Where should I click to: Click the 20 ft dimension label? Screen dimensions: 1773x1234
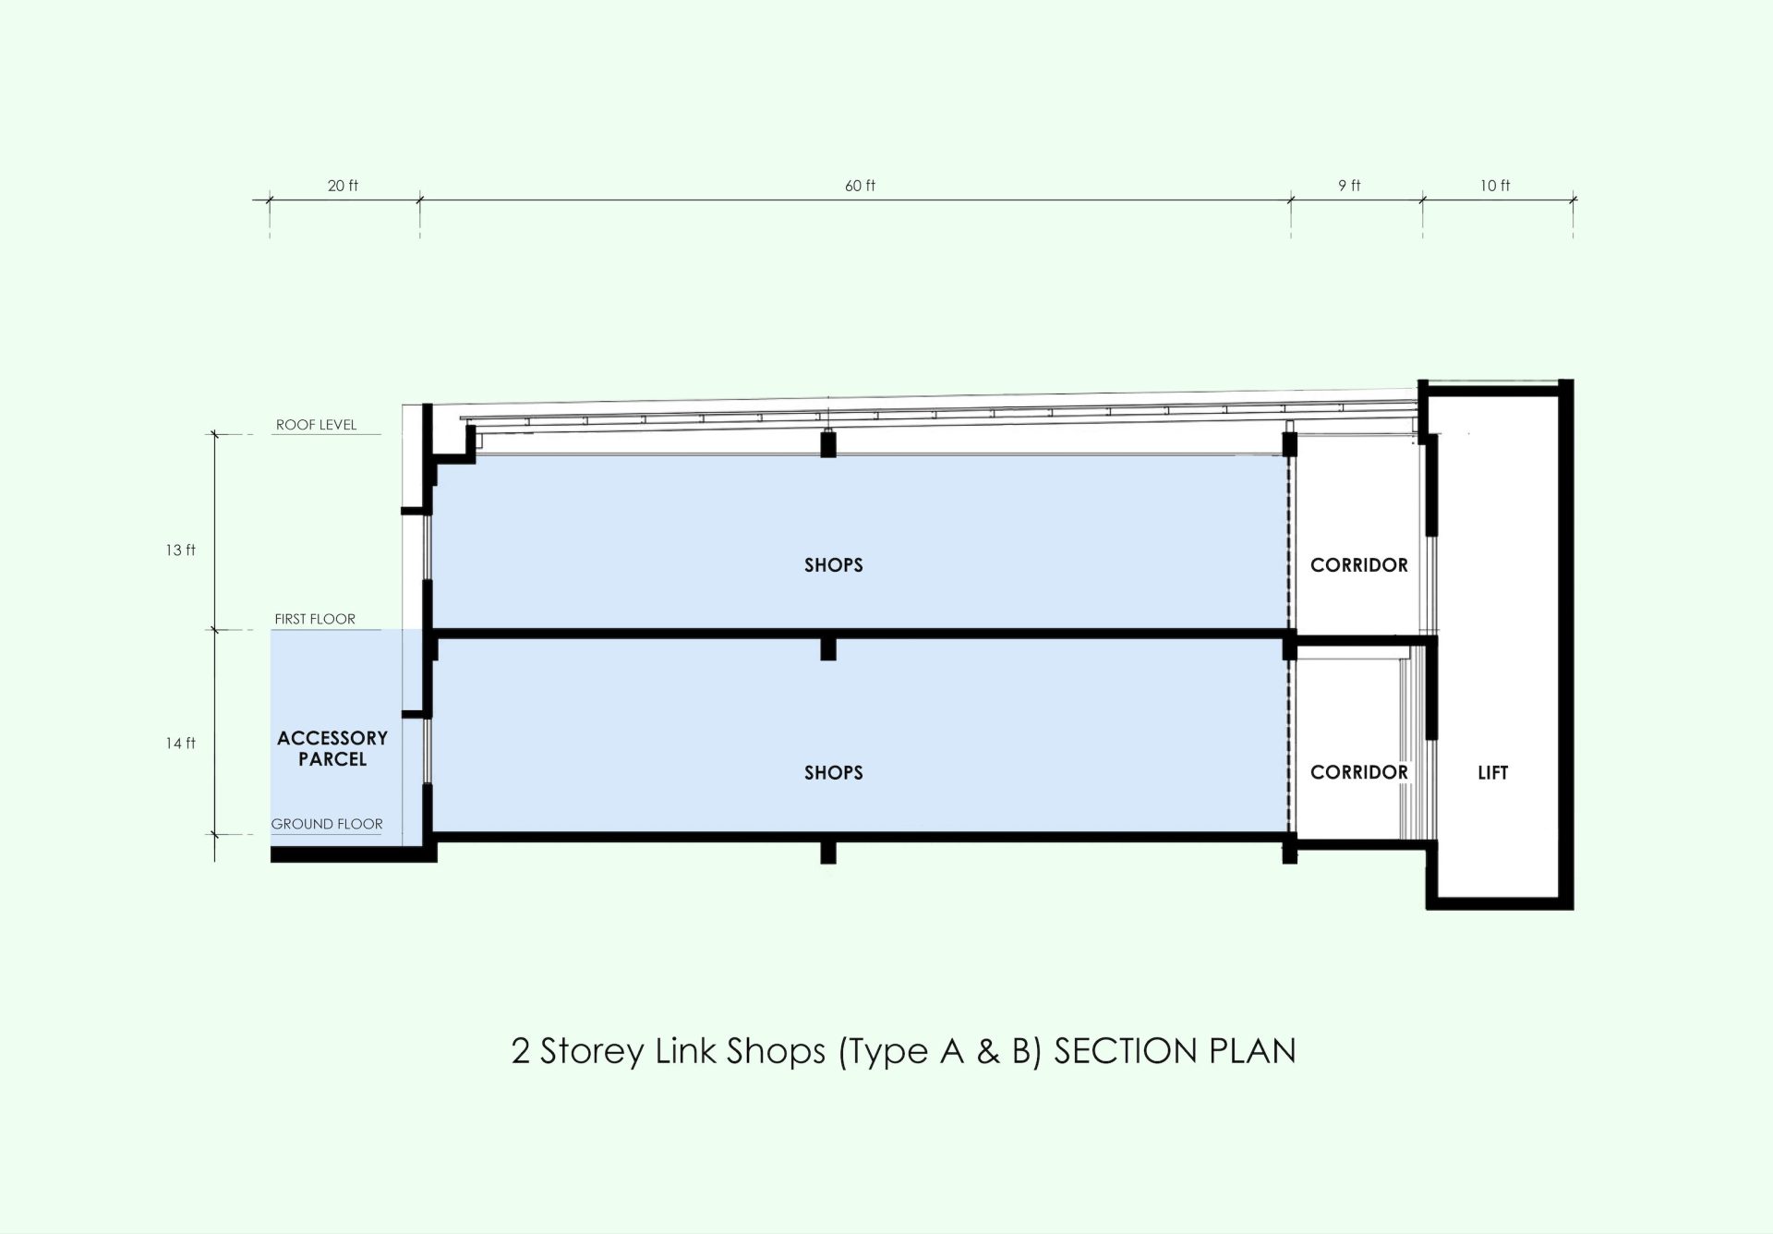click(x=343, y=186)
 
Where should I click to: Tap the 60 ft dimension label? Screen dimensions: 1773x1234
click(x=860, y=186)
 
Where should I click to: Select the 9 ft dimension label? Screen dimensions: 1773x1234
click(x=1349, y=186)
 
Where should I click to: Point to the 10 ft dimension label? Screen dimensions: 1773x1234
click(x=1495, y=186)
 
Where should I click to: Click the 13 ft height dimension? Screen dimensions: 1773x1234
click(x=181, y=550)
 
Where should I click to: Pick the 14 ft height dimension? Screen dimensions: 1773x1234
click(x=181, y=743)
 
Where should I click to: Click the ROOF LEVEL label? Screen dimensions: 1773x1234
click(x=316, y=425)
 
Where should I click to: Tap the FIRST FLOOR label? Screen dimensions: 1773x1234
click(x=315, y=619)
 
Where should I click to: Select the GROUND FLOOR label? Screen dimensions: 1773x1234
click(x=327, y=824)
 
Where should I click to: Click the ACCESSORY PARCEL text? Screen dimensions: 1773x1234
click(x=332, y=748)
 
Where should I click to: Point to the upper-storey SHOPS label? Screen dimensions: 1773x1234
click(x=834, y=565)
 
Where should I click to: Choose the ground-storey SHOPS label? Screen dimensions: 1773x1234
click(x=834, y=773)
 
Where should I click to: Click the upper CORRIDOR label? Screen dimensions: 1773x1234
click(x=1359, y=565)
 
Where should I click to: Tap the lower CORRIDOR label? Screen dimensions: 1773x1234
click(x=1359, y=772)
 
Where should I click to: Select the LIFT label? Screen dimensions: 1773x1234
click(x=1493, y=773)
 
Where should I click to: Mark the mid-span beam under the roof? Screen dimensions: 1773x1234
click(x=828, y=444)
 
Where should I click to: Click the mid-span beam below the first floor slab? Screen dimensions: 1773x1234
click(x=828, y=648)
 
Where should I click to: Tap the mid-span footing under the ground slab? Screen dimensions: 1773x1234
click(x=828, y=852)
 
